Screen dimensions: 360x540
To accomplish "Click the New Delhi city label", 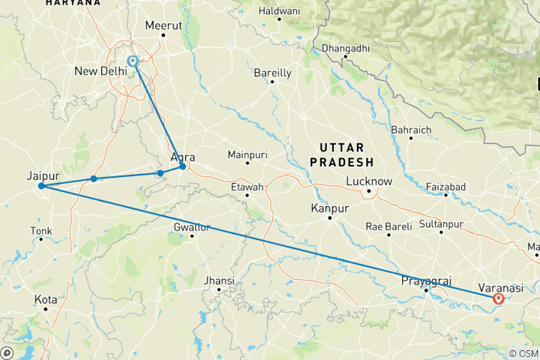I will coord(102,71).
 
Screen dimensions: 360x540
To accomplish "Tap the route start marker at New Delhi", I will coord(133,61).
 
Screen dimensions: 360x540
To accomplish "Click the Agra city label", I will coord(184,157).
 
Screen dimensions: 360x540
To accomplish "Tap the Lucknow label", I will coord(369,181).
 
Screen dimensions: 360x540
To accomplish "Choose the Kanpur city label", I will coord(330,207).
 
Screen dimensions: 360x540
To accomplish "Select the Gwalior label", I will coord(192,226).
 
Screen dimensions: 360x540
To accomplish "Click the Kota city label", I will coord(46,299).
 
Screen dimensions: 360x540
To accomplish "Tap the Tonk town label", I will coord(41,230).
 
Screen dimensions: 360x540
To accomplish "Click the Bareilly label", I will coord(272,73).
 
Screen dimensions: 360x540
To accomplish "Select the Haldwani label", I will coord(279,10).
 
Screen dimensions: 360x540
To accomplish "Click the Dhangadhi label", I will coord(346,49).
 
